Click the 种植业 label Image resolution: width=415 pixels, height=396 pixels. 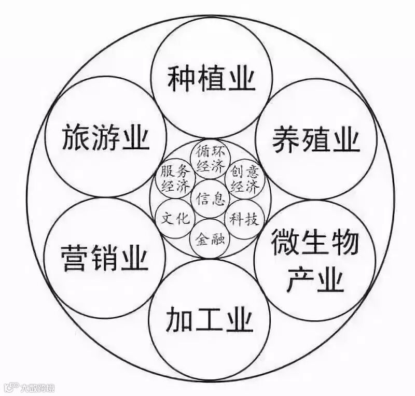[211, 79]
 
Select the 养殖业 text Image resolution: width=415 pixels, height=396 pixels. [316, 139]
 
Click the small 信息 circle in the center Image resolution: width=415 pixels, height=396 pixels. [210, 198]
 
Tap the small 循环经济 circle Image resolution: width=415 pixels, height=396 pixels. [210, 158]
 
